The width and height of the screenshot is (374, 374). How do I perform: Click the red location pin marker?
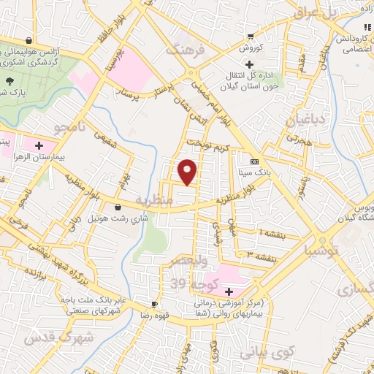pyautogui.click(x=188, y=172)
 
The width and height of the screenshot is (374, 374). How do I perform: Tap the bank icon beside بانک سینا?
pyautogui.click(x=254, y=161)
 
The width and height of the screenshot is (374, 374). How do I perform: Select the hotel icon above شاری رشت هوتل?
pyautogui.click(x=118, y=207)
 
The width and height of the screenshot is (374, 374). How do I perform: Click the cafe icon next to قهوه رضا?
pyautogui.click(x=154, y=303)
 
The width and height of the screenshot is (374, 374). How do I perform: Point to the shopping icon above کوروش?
pyautogui.click(x=251, y=36)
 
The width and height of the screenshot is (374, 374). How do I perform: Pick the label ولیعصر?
pyautogui.click(x=191, y=261)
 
